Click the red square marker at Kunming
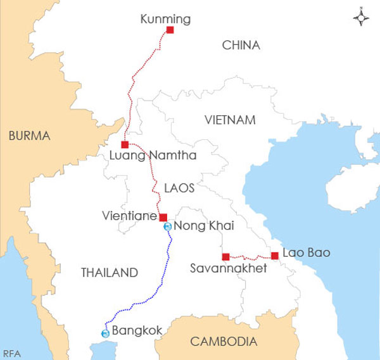170,30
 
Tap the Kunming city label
165,20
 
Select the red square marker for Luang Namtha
125,145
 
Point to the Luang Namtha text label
153,156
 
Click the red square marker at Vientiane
163,217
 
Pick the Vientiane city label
129,216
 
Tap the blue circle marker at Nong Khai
167,227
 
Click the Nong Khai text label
199,227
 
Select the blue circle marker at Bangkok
105,333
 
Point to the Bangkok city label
137,330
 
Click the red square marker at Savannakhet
225,257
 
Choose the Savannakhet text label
229,269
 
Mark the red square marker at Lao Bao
275,256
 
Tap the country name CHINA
241,45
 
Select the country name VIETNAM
230,120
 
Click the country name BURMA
28,135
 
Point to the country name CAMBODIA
224,342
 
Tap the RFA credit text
10,353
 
